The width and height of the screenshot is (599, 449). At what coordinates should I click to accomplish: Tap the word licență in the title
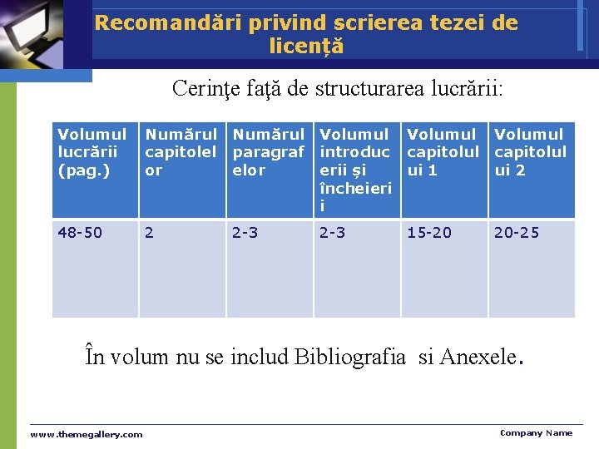306,47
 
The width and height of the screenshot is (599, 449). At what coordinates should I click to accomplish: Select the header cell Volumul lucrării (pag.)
92,152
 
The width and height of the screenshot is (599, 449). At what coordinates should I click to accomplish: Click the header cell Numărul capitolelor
181,152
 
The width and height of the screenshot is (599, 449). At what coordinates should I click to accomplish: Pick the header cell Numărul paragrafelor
269,152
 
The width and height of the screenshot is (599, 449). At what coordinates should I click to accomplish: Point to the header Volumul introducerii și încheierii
355,170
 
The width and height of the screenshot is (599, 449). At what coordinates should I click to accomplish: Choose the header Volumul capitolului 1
443,152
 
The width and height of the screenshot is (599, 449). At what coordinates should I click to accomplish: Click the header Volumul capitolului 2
530,152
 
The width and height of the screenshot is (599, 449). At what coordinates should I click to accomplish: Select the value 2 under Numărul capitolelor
150,233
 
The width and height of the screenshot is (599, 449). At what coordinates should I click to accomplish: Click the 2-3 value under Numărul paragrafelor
246,233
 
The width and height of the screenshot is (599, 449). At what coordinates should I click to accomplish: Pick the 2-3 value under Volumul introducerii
334,233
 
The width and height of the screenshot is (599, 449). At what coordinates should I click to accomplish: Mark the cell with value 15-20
429,233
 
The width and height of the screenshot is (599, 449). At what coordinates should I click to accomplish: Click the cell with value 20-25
517,233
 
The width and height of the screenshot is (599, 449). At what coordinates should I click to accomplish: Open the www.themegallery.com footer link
87,434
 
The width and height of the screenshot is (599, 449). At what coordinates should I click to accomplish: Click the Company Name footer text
536,432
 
